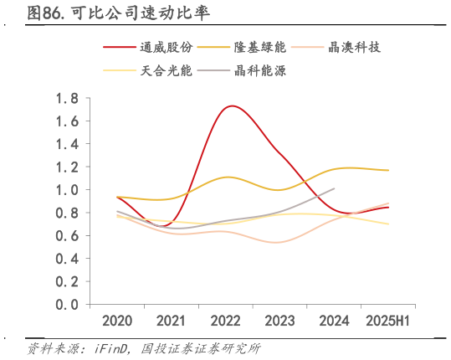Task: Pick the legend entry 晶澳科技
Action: (356, 48)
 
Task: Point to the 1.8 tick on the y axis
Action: (67, 99)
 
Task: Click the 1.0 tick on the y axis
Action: (67, 190)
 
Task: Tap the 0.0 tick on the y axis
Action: (67, 305)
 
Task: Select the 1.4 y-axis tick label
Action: (67, 144)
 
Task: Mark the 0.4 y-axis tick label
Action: (67, 259)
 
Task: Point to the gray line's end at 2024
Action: (334, 188)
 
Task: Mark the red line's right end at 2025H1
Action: (387, 208)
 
